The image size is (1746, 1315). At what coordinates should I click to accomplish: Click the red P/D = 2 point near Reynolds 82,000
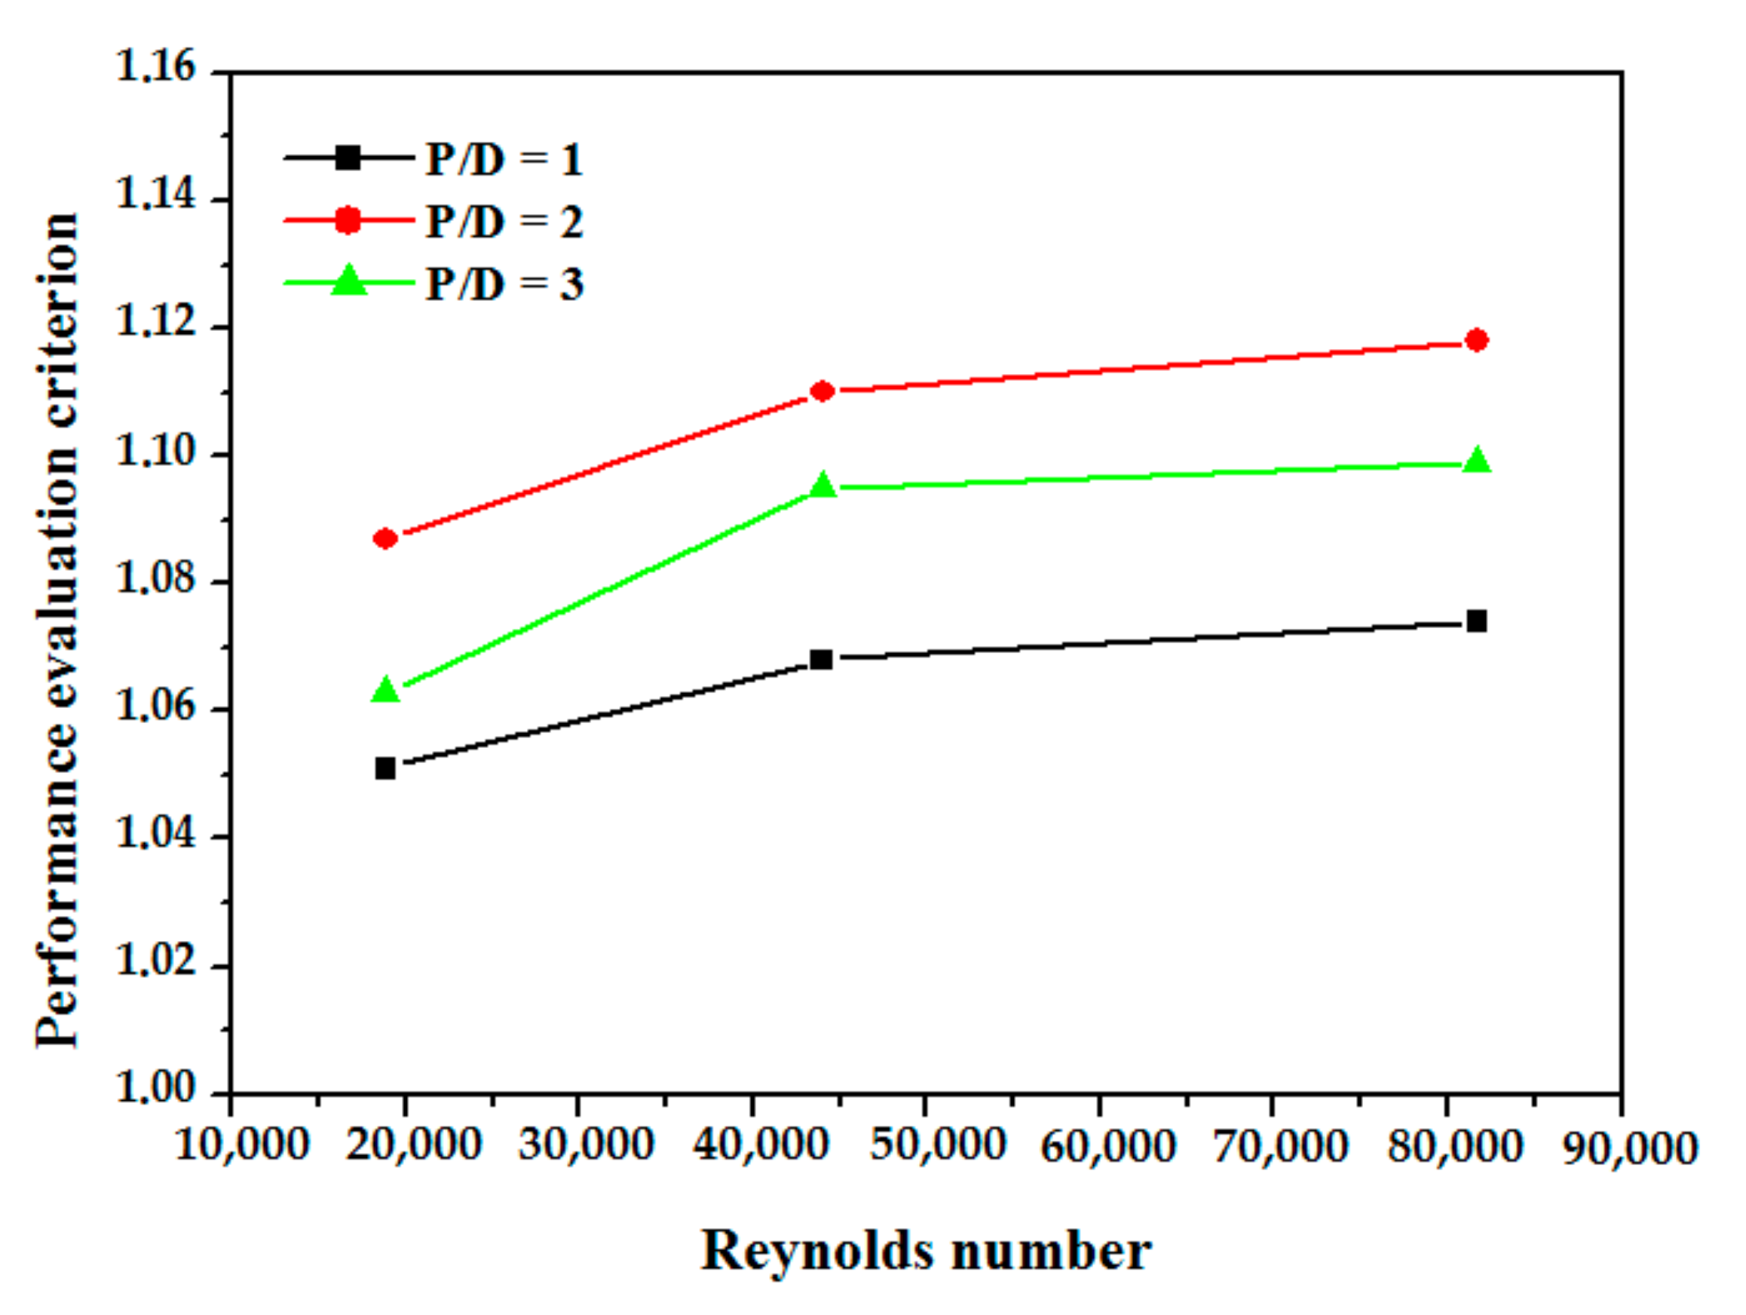point(1476,340)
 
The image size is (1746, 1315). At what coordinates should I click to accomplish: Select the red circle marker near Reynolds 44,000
point(822,391)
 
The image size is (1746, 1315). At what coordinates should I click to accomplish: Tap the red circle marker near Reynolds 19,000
point(385,538)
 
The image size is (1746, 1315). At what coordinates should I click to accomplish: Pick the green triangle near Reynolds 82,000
point(1476,461)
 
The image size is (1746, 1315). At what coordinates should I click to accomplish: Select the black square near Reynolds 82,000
point(1476,621)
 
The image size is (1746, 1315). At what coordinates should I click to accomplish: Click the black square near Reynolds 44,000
point(822,658)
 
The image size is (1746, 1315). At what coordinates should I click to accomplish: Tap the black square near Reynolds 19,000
point(385,768)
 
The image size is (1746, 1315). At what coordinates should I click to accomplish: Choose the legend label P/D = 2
point(504,222)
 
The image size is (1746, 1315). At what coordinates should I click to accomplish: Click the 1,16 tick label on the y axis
point(155,66)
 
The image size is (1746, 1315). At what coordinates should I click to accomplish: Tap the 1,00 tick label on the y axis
point(155,1089)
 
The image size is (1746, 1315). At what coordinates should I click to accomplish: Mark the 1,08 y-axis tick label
point(155,578)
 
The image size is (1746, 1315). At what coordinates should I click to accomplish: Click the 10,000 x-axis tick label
point(241,1145)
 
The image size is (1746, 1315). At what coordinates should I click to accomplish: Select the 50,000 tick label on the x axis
point(938,1145)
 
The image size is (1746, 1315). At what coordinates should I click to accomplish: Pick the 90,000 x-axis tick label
point(1631,1148)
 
